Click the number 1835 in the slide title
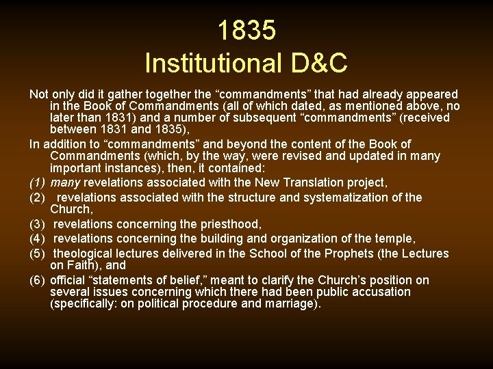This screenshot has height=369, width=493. (246, 31)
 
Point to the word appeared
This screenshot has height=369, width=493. (434, 94)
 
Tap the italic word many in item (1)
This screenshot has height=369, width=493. (65, 182)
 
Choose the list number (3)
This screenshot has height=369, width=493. (38, 224)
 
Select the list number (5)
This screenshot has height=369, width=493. (38, 254)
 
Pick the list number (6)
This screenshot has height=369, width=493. (38, 280)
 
